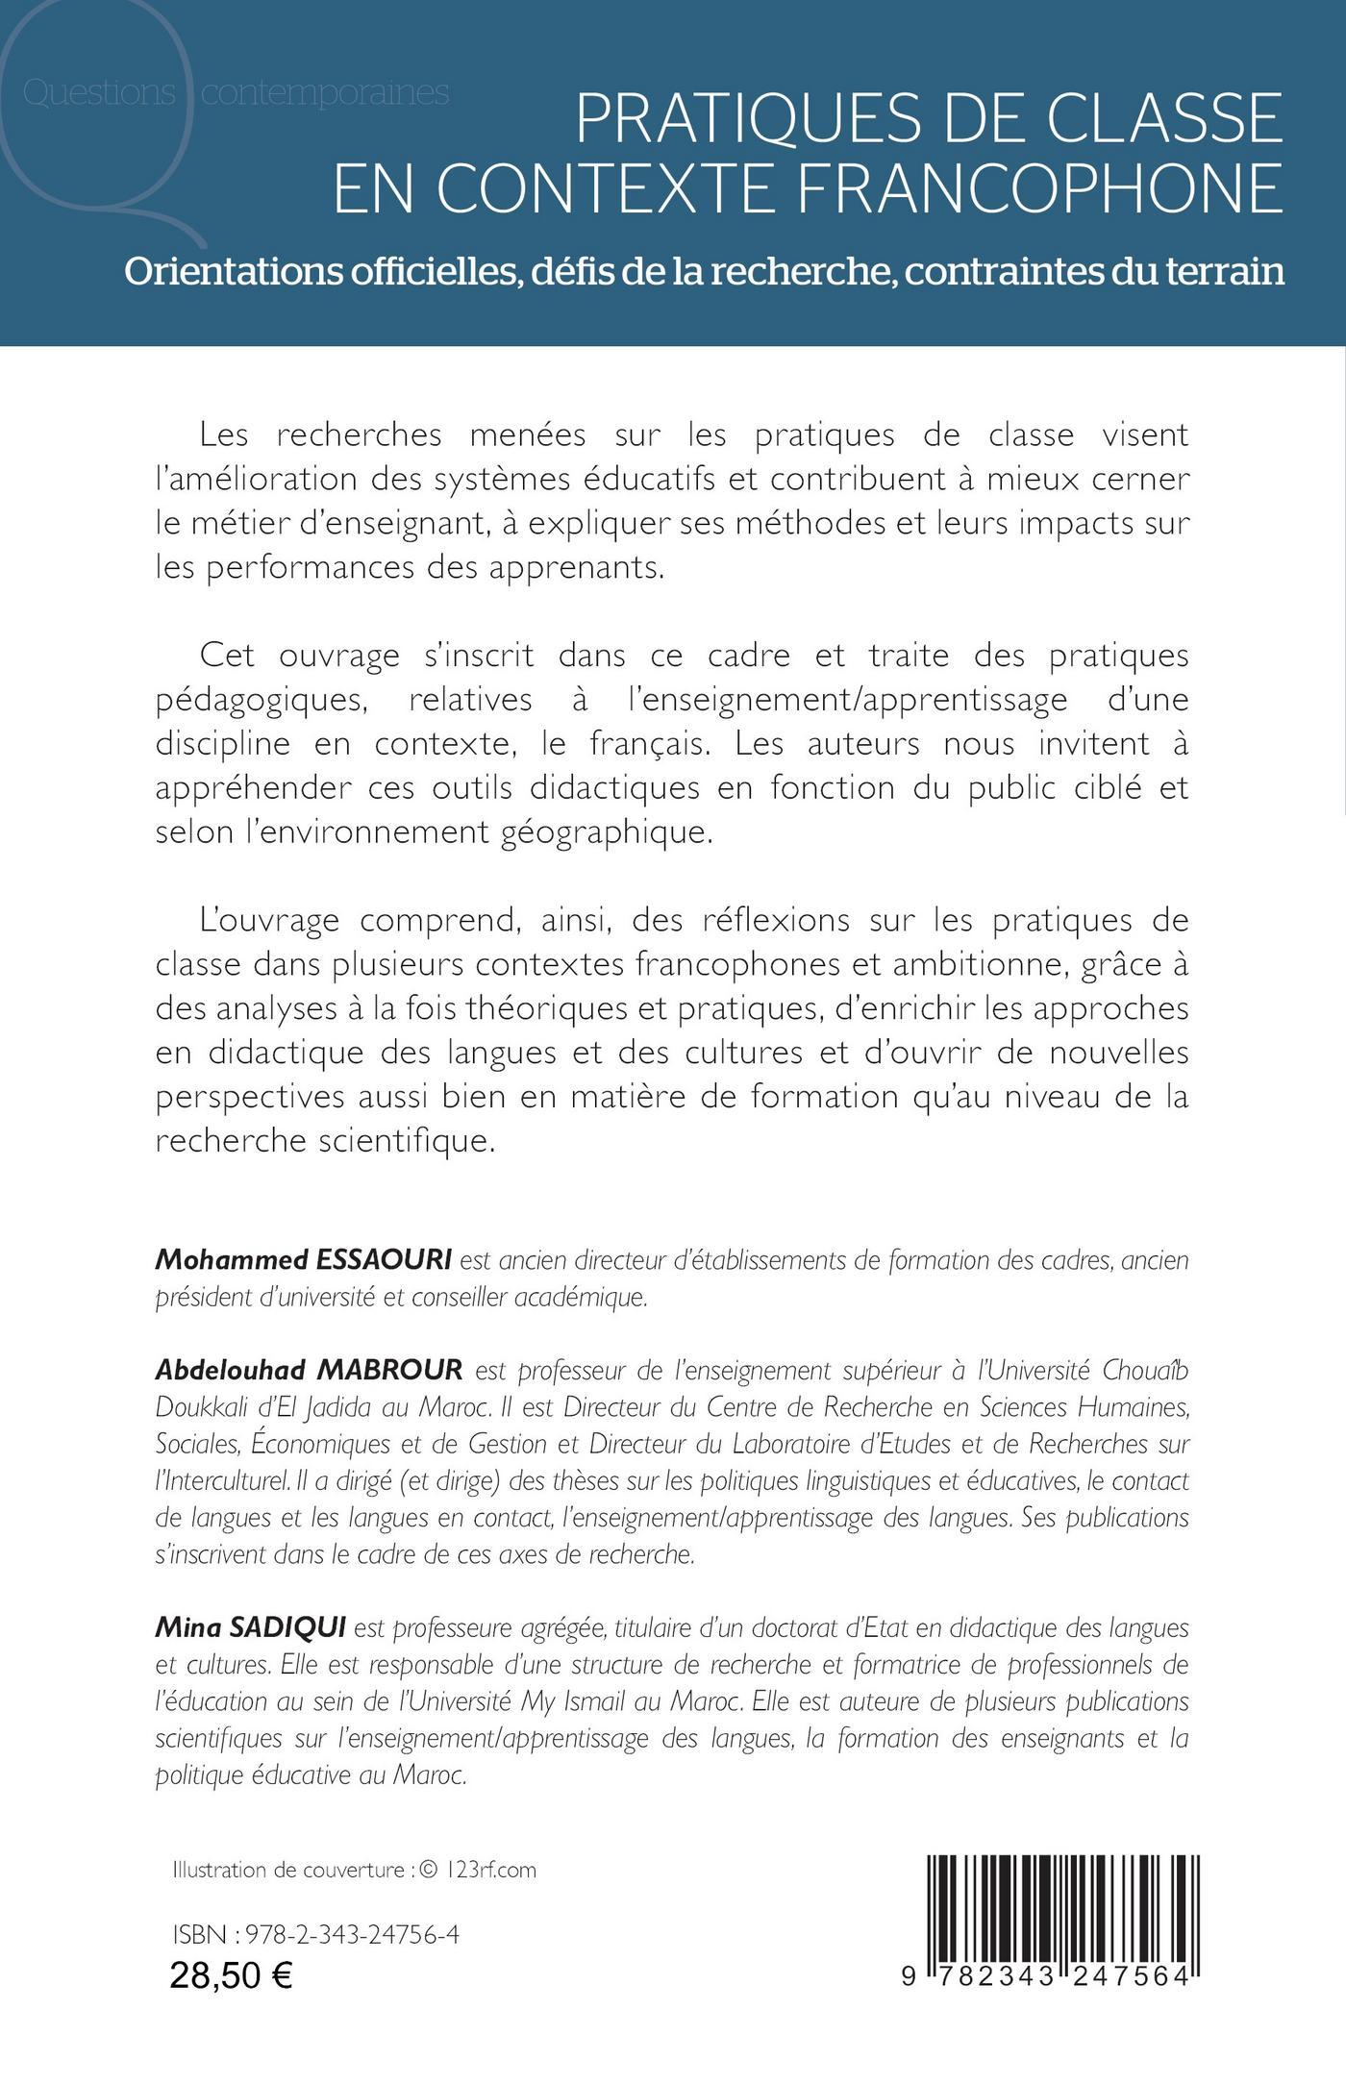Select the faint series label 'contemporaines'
(326, 93)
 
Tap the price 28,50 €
(232, 1974)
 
